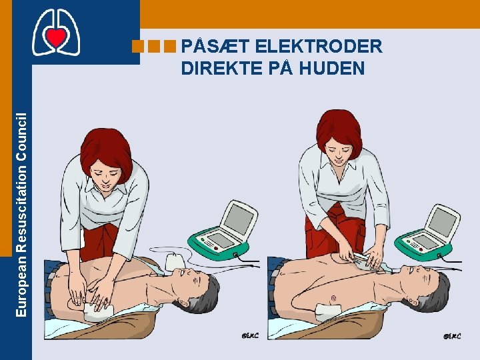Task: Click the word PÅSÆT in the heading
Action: [x=215, y=46]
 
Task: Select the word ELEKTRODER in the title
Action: [x=319, y=46]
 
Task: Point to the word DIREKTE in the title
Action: [x=222, y=67]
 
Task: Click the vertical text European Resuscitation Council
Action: [x=21, y=215]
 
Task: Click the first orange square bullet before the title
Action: [x=138, y=46]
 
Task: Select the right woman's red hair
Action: [x=339, y=131]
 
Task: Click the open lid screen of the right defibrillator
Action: [x=443, y=222]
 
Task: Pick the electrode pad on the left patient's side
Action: [x=99, y=312]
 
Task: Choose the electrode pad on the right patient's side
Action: [x=329, y=311]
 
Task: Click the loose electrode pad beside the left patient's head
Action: [x=175, y=262]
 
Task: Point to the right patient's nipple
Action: [x=334, y=297]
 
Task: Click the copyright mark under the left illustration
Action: [x=250, y=335]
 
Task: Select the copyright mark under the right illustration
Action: [x=452, y=336]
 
